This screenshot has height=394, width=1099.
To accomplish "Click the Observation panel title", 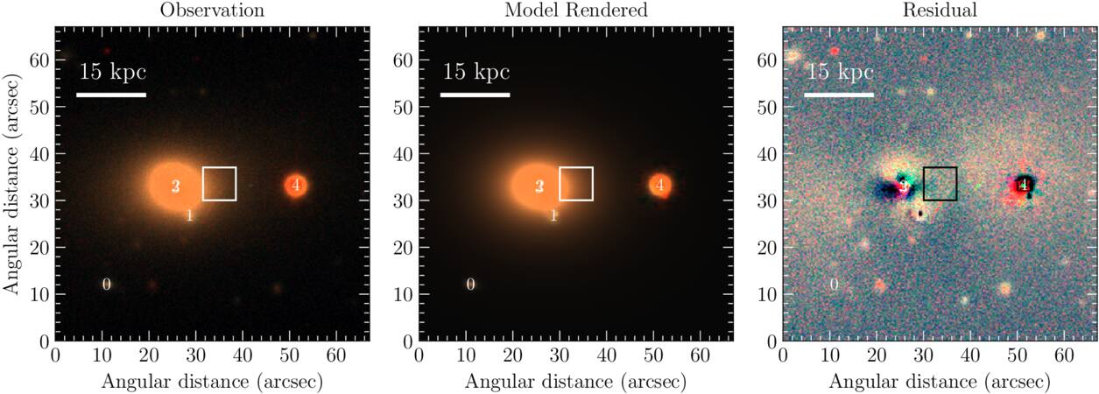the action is click(x=212, y=10).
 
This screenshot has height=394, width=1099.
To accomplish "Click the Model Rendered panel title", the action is click(x=576, y=10).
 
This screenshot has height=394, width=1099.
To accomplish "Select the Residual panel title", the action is click(x=940, y=10).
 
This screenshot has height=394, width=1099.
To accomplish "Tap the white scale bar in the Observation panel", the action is click(x=111, y=95).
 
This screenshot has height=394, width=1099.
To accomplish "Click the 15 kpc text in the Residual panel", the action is click(x=840, y=72).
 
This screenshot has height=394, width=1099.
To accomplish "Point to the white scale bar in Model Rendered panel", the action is click(x=475, y=95).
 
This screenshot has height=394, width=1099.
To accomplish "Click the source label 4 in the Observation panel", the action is click(x=295, y=186).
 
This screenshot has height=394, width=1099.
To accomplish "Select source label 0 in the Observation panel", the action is click(x=107, y=284).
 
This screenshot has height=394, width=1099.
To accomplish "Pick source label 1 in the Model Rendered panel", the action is click(x=554, y=215).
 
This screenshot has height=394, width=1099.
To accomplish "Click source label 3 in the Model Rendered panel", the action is click(x=539, y=186).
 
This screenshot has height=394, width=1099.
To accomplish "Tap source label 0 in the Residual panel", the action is click(x=834, y=284).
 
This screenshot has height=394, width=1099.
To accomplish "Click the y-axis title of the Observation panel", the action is click(x=11, y=184).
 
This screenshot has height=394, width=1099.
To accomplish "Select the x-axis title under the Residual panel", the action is click(x=940, y=382).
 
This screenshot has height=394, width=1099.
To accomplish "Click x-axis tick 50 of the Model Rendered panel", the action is click(x=653, y=355).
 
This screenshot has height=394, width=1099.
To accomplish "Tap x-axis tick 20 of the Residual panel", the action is click(x=877, y=355).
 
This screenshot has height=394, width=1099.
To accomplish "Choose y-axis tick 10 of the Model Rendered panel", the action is click(x=404, y=294).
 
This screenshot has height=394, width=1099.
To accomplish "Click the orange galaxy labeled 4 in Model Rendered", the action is click(x=660, y=186).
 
